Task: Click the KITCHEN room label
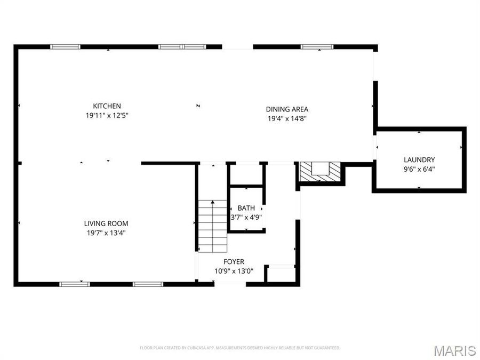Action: (x=107, y=106)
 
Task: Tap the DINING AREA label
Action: (x=287, y=109)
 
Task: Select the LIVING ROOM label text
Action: (x=106, y=223)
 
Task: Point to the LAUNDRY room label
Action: (x=419, y=159)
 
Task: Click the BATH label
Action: (x=246, y=208)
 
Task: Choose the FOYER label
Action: (x=234, y=261)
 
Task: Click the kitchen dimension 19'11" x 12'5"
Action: (x=107, y=115)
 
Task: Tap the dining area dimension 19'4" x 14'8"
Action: (x=287, y=118)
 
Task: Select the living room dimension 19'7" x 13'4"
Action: (x=106, y=233)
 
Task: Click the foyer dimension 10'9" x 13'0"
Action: (x=234, y=270)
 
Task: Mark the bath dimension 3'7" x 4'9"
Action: (x=246, y=217)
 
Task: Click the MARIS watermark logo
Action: (x=454, y=350)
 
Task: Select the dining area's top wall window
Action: (x=317, y=47)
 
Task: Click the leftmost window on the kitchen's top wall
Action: (x=65, y=47)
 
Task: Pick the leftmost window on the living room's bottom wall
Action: (x=74, y=284)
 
